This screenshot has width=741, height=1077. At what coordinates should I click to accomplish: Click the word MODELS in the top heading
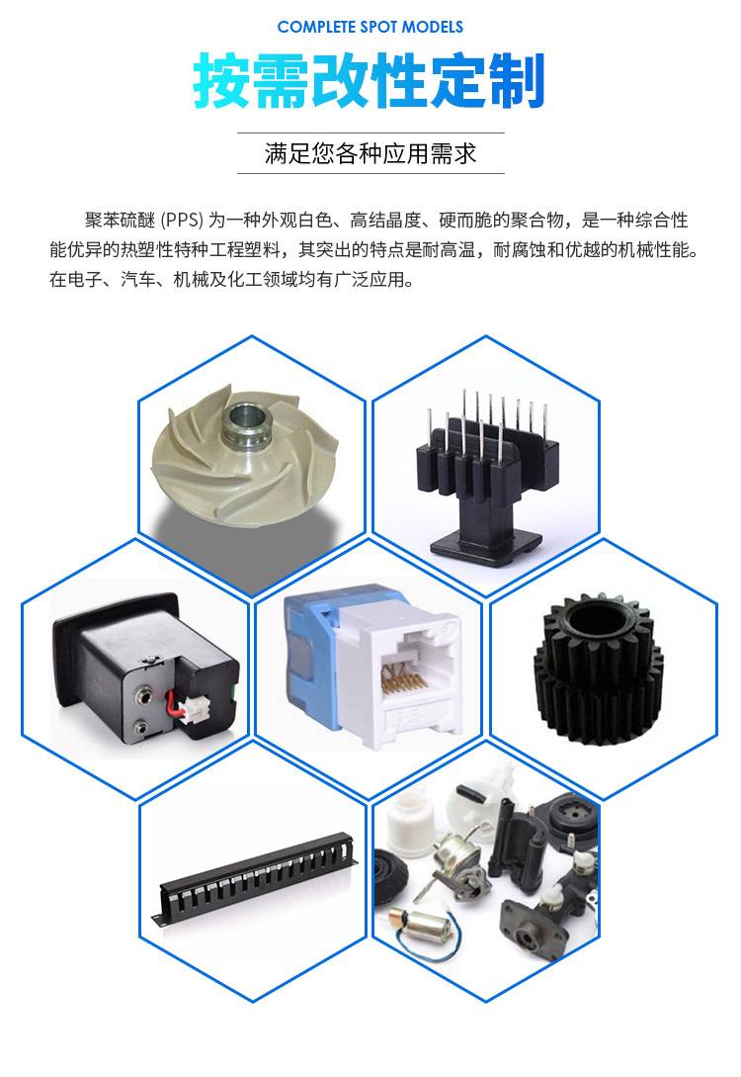coord(432,28)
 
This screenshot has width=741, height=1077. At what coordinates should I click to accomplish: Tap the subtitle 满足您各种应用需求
coord(370,153)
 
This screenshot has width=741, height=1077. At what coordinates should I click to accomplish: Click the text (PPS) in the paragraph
coord(183,220)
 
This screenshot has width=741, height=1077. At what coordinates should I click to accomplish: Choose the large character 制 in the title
coord(517,81)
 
